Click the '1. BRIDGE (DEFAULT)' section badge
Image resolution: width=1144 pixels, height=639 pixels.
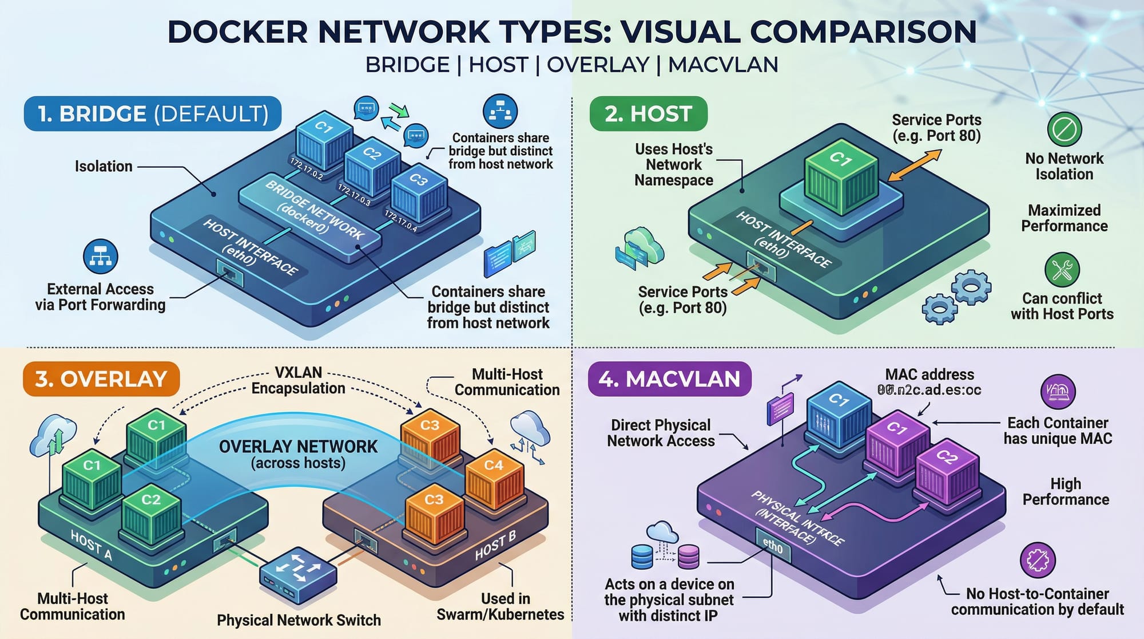click(x=152, y=114)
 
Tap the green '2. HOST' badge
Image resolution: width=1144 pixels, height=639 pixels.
click(x=648, y=114)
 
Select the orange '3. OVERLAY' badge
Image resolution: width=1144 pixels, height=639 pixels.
click(x=101, y=379)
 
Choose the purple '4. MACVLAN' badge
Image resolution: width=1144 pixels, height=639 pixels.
click(x=669, y=379)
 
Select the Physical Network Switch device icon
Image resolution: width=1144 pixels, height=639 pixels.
click(x=298, y=574)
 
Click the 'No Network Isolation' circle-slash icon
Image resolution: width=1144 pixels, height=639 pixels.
click(x=1064, y=129)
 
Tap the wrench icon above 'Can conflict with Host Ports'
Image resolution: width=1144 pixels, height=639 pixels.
click(x=1062, y=269)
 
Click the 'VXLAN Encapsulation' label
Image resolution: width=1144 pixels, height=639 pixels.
click(x=298, y=380)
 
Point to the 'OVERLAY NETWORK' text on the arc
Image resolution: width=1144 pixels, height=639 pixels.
click(x=298, y=447)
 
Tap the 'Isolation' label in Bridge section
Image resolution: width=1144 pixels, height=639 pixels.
click(x=104, y=167)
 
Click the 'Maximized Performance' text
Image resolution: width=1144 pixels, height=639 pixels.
click(x=1064, y=218)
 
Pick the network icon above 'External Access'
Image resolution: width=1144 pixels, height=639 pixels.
click(x=101, y=257)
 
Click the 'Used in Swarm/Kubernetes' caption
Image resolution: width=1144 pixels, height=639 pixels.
click(x=500, y=606)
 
